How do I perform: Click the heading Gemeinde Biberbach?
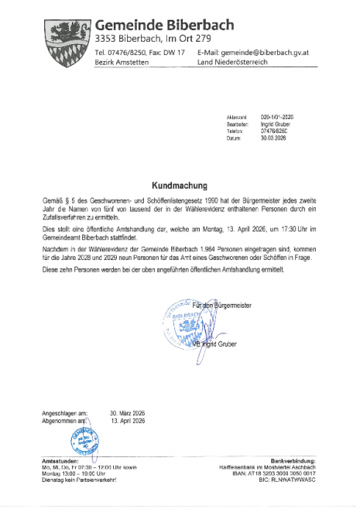[x=163, y=26]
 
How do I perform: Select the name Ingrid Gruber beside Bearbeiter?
[x=276, y=122]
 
